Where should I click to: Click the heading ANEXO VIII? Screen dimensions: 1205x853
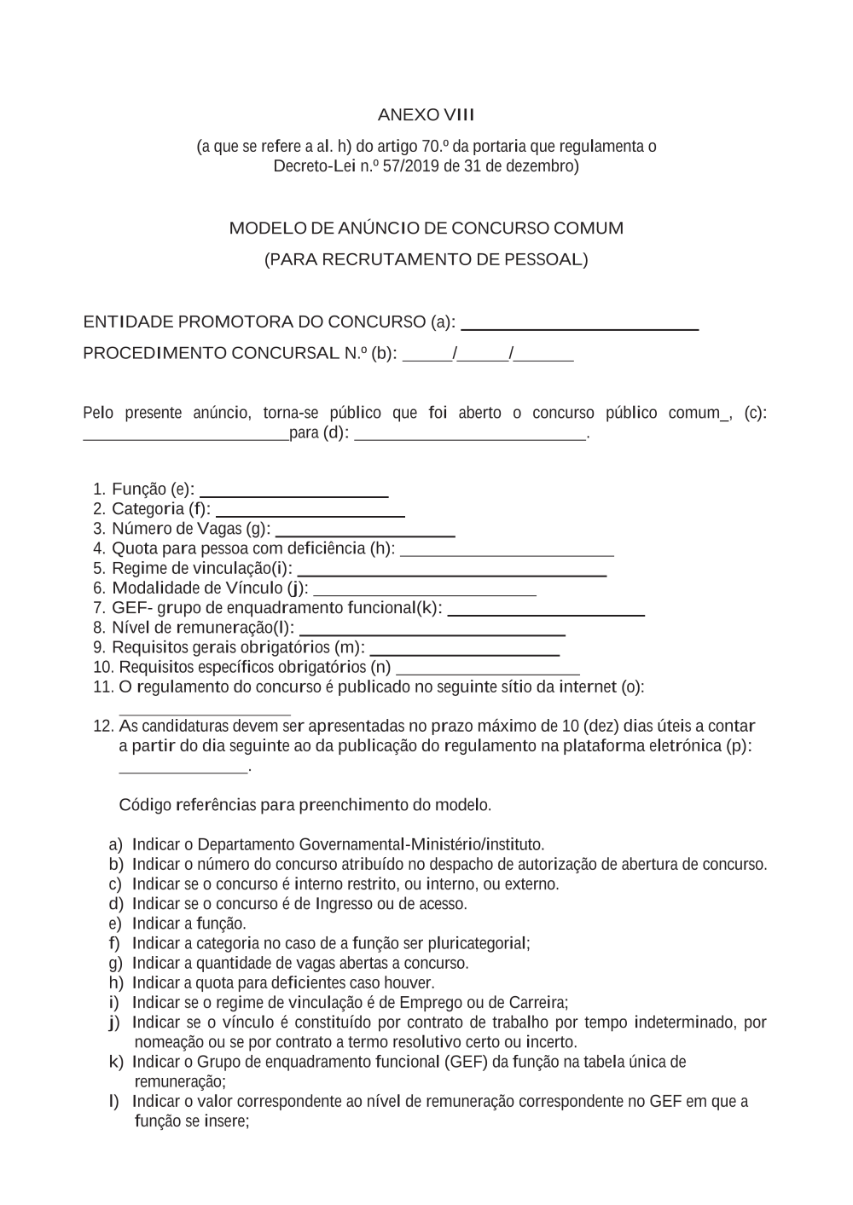click(x=426, y=115)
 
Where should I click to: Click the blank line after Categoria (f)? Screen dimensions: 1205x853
click(x=310, y=514)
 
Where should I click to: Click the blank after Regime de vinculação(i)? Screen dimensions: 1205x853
click(x=451, y=574)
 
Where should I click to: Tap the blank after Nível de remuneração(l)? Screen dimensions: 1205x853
click(x=432, y=634)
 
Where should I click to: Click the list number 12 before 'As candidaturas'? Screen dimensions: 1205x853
click(x=102, y=727)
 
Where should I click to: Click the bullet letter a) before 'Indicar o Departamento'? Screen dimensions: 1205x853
click(x=116, y=845)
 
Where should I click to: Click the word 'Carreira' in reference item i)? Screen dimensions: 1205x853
click(x=538, y=1002)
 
